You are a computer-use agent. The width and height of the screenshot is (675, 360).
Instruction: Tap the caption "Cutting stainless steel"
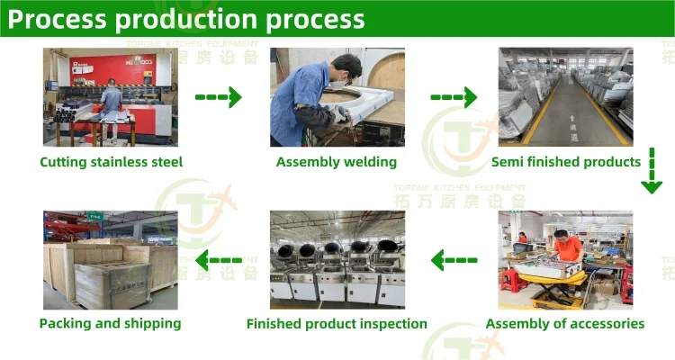click(111, 162)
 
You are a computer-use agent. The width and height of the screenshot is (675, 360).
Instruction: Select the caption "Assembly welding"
click(336, 162)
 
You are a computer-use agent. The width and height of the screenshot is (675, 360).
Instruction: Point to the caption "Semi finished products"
click(565, 162)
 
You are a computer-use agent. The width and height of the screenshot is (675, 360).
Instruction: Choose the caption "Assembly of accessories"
click(565, 323)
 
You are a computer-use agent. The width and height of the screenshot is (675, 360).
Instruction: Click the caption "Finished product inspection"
click(337, 323)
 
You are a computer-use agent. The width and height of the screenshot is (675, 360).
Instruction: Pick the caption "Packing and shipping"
click(110, 323)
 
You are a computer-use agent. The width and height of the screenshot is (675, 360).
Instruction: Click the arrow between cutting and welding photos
click(219, 95)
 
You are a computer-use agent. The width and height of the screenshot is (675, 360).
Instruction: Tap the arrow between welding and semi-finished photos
click(453, 95)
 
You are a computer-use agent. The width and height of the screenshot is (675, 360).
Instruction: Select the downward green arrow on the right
click(652, 171)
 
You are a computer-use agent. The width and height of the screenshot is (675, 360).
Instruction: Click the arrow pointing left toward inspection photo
click(454, 261)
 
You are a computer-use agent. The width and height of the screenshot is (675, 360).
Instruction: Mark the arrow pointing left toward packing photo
click(219, 261)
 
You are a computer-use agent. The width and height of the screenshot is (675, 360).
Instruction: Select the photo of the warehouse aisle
click(565, 97)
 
